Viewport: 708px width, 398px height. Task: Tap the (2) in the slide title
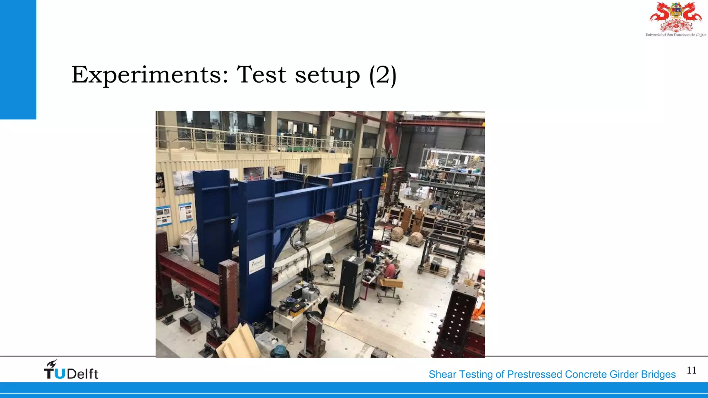(x=382, y=75)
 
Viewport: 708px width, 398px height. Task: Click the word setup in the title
(x=327, y=75)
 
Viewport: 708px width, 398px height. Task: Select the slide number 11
(x=691, y=370)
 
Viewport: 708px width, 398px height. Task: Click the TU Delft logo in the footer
(x=71, y=370)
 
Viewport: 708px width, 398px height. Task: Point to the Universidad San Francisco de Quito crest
(x=676, y=19)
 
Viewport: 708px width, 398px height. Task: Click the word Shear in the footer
(x=442, y=375)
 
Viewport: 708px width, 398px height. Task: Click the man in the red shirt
(x=389, y=269)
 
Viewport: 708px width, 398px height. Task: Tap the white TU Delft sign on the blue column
(x=257, y=264)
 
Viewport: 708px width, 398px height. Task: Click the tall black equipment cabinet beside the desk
(x=351, y=282)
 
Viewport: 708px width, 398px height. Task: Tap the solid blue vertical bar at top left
(x=18, y=59)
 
